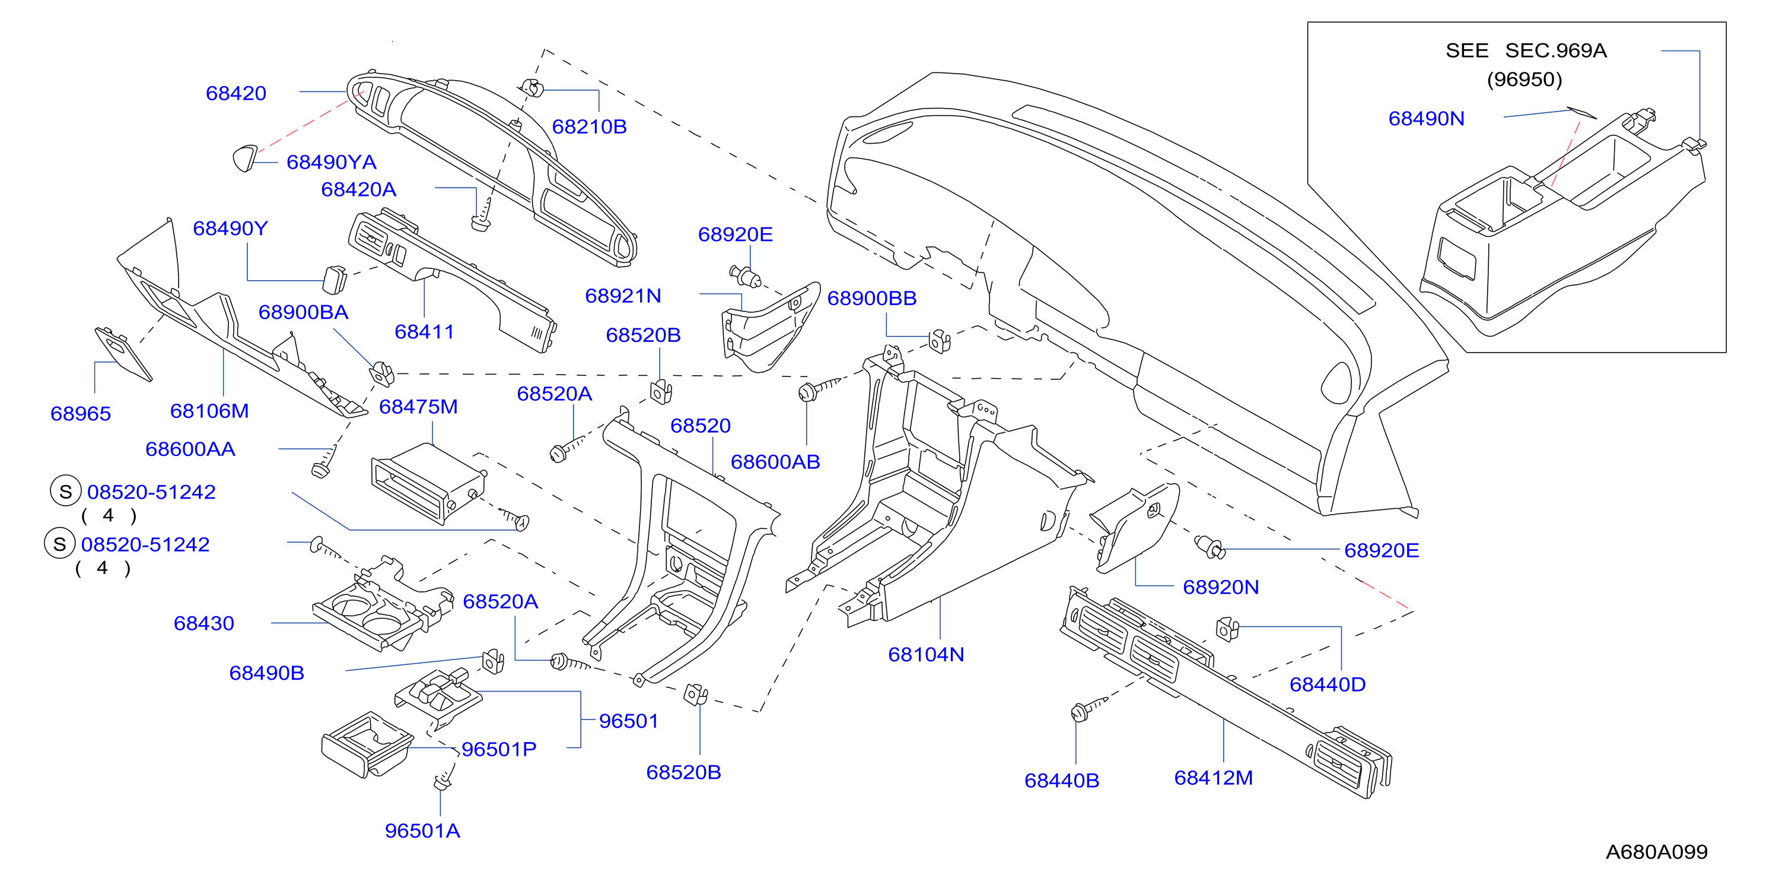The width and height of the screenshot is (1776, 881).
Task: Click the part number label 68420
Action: click(x=235, y=93)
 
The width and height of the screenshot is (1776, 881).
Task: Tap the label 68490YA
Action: click(x=332, y=162)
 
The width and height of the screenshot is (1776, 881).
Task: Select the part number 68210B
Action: click(x=590, y=127)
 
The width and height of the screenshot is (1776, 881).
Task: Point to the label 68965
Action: click(x=81, y=414)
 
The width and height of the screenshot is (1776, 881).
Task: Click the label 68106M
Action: click(x=209, y=411)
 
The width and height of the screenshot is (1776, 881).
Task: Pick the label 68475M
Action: click(x=418, y=407)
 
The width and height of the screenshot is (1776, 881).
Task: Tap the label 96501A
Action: click(x=422, y=831)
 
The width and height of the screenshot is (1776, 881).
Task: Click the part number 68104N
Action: click(x=926, y=655)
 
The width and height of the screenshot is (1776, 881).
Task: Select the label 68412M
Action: click(x=1214, y=778)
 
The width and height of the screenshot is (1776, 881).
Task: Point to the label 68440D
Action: click(x=1328, y=685)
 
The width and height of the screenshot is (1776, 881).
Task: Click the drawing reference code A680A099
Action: click(x=1657, y=853)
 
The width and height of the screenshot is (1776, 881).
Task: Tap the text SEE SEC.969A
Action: click(x=1526, y=50)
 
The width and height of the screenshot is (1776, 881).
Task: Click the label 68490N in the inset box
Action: click(x=1427, y=119)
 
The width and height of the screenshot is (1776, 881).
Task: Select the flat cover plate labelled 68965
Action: click(x=123, y=353)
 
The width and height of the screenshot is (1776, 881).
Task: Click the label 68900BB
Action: click(x=872, y=299)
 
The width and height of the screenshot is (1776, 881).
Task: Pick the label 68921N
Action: click(x=623, y=296)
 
